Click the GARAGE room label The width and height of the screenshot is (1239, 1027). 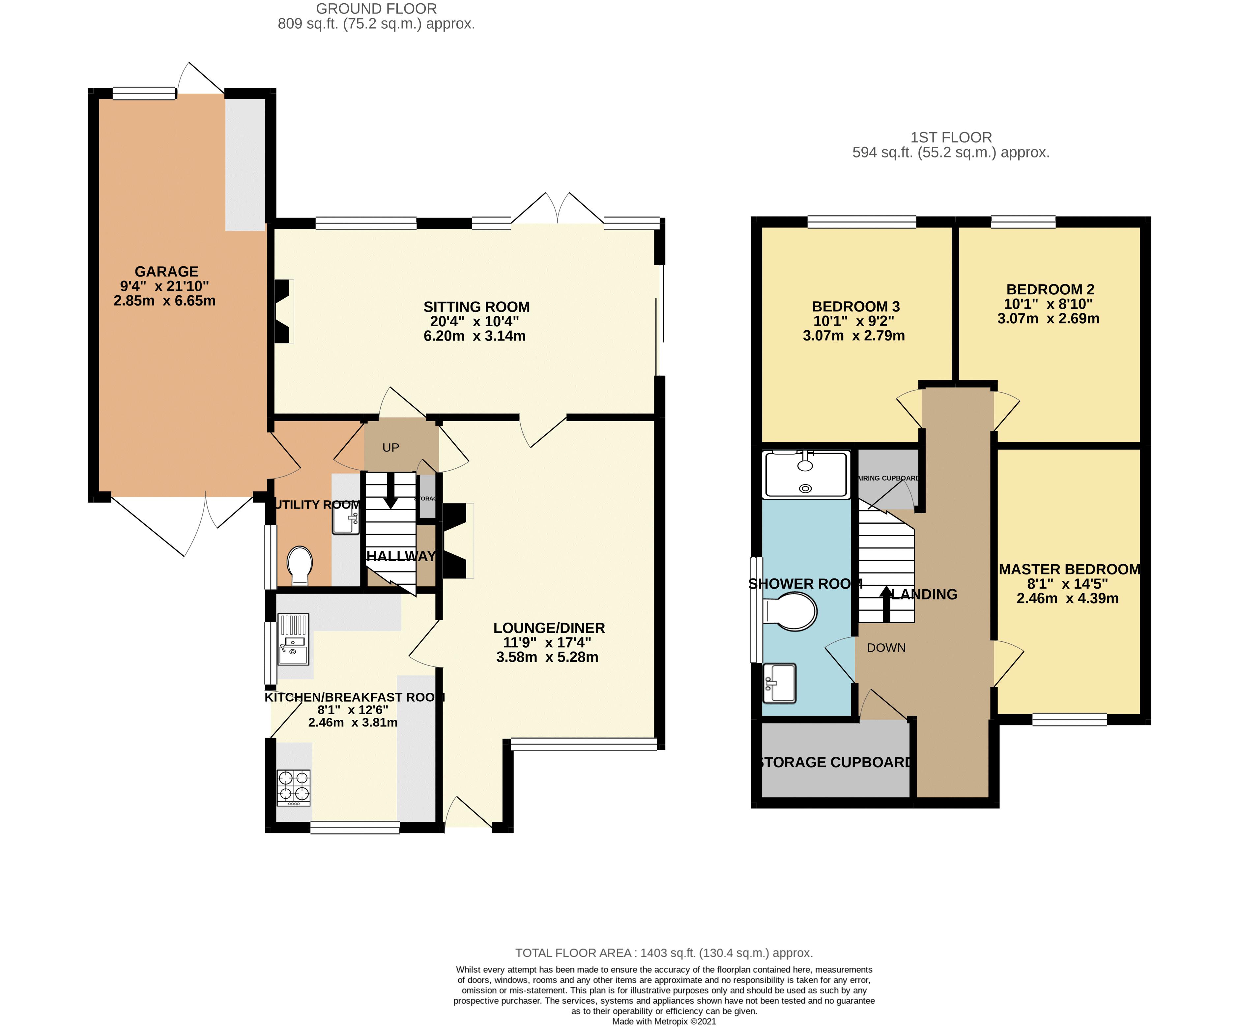coord(166,272)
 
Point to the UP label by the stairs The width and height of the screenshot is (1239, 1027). coord(390,447)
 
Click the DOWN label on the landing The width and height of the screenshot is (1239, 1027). coord(886,648)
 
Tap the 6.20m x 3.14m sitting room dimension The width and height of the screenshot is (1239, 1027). coord(475,336)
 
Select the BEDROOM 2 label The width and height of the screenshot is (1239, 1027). coord(1050,289)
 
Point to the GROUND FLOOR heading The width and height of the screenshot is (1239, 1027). coord(376,9)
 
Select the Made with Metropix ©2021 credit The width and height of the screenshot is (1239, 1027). coord(664,1021)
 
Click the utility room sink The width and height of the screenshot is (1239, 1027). coord(346,521)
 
